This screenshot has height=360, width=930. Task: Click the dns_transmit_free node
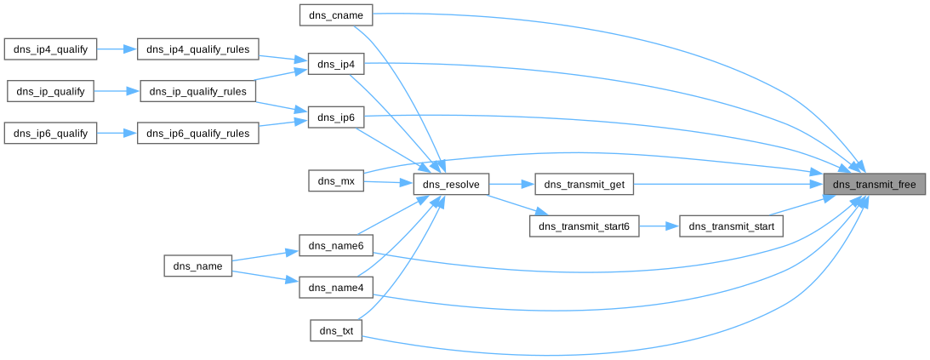pos(874,184)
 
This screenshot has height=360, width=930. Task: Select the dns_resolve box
pos(451,184)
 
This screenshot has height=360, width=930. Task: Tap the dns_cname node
pos(336,14)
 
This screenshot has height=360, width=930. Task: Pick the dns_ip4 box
pos(336,65)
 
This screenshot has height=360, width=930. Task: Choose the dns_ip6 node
pos(336,117)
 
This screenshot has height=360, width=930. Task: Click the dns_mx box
pos(336,180)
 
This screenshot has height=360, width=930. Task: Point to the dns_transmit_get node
pos(584,184)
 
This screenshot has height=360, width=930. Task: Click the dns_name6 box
pos(336,246)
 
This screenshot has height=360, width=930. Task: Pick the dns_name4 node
pos(336,288)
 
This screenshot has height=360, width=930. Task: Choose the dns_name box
pos(197,266)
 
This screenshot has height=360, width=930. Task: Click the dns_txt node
pos(336,330)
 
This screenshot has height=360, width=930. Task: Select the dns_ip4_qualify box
pos(51,49)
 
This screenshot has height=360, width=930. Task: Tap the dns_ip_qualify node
pos(51,91)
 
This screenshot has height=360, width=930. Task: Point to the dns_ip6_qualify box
pos(51,133)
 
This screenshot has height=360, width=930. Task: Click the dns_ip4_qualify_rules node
pos(198,49)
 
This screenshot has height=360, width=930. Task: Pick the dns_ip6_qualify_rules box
pos(198,133)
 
